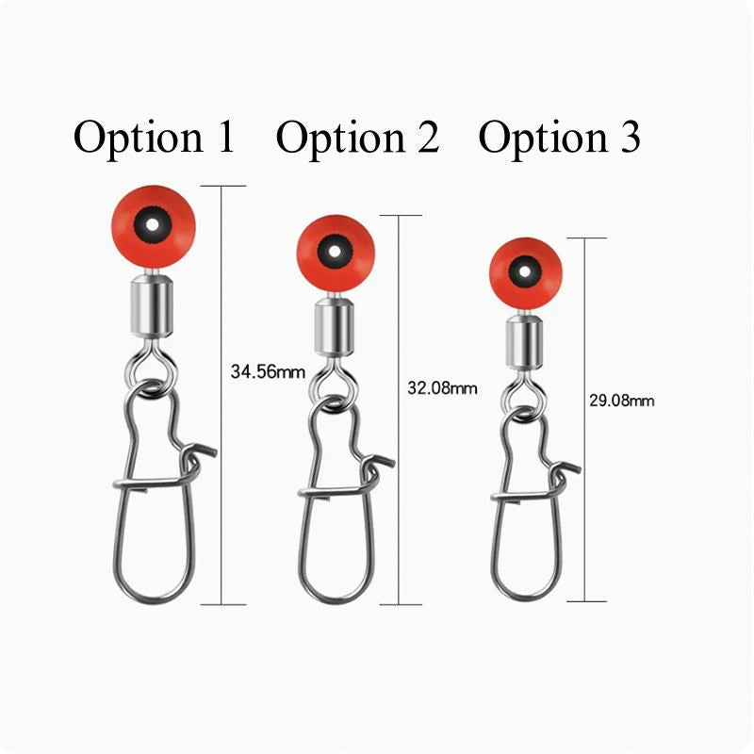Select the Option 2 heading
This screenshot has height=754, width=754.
coord(357,138)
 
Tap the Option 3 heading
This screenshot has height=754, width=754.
coord(560,138)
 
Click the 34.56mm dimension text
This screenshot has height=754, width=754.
coord(268,371)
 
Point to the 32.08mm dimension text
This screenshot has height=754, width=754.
coord(440,387)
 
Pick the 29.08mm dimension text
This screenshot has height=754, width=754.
coord(621,401)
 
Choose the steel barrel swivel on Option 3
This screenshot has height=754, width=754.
coord(522,343)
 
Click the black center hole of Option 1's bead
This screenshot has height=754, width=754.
coord(148,225)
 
